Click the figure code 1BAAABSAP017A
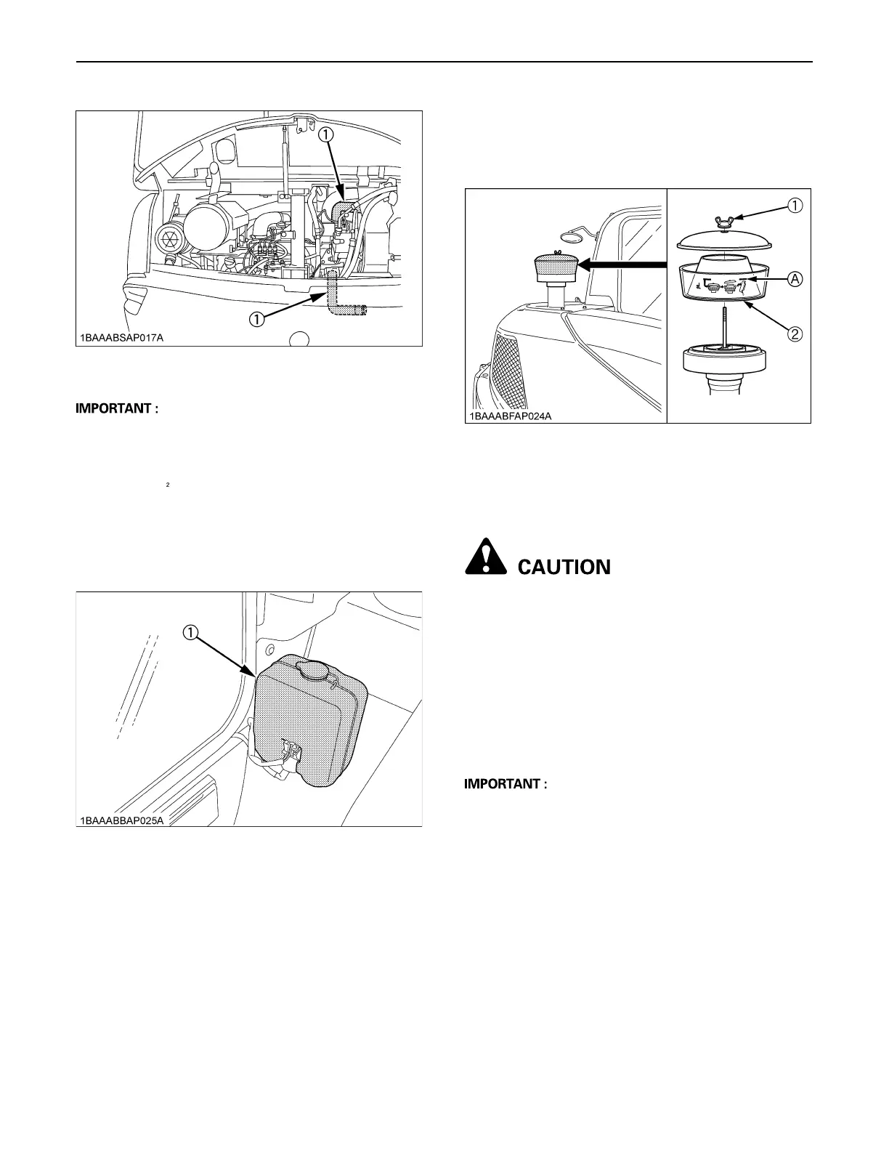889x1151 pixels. pyautogui.click(x=122, y=338)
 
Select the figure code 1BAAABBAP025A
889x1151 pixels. pyautogui.click(x=123, y=820)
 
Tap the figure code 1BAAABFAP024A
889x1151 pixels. pyautogui.click(x=509, y=416)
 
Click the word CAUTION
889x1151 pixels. pyautogui.click(x=564, y=567)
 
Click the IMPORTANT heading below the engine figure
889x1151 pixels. pyautogui.click(x=117, y=408)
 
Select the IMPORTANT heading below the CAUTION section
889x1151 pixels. pyautogui.click(x=505, y=784)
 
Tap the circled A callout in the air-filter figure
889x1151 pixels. pyautogui.click(x=795, y=278)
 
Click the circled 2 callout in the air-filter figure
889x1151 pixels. pyautogui.click(x=795, y=334)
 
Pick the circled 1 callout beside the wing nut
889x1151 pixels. pyautogui.click(x=795, y=205)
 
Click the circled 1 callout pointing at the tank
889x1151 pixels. pyautogui.click(x=190, y=632)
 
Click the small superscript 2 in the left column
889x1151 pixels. pyautogui.click(x=167, y=484)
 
